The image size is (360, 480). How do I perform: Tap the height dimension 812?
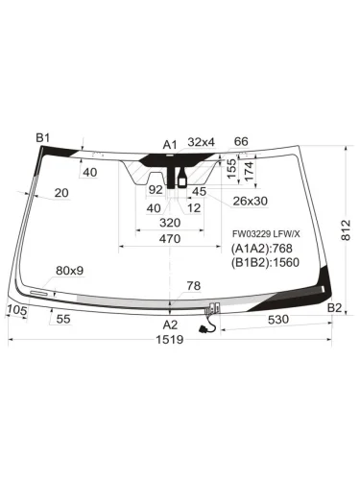click(345, 231)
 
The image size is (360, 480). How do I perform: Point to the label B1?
click(43, 139)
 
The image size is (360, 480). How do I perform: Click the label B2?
click(334, 306)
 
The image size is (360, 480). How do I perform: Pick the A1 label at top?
click(170, 144)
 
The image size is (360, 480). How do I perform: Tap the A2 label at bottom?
click(170, 324)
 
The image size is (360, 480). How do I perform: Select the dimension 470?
click(169, 238)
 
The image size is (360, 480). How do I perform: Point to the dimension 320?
click(169, 222)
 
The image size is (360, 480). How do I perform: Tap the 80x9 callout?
click(70, 270)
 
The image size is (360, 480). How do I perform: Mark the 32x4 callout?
click(202, 142)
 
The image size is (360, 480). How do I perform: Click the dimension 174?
click(251, 173)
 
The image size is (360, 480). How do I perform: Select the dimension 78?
click(193, 285)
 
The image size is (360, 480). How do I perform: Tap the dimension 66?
click(241, 142)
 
